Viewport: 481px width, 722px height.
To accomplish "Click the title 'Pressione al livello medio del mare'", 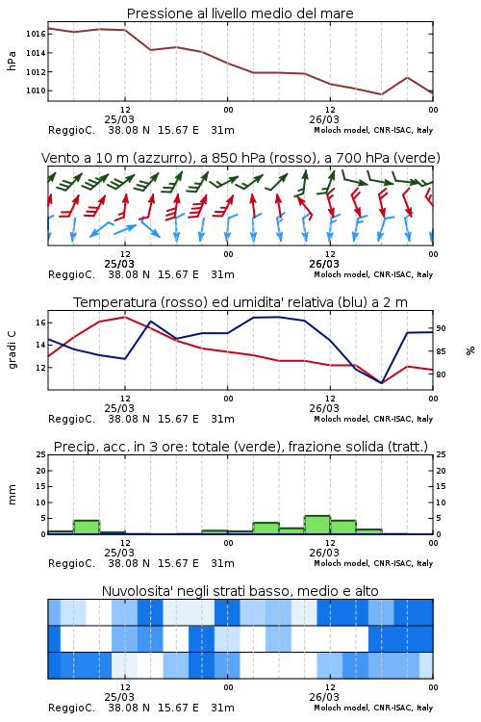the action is [240, 13].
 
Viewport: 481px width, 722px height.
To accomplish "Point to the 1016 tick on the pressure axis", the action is [36, 34].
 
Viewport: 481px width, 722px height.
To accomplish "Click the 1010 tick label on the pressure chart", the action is [36, 90].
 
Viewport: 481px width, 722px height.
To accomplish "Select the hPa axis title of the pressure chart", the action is [12, 61].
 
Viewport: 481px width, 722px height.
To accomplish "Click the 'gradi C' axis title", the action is [12, 349].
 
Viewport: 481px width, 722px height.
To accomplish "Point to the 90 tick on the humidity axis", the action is [441, 328].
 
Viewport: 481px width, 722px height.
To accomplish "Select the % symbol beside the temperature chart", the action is [470, 350].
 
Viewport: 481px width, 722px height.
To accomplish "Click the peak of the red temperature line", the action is [125, 317].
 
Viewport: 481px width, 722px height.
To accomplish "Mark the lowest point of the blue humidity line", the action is [382, 383].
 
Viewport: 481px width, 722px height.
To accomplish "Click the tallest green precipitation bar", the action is [317, 525].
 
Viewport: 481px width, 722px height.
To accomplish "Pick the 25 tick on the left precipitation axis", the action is [41, 454].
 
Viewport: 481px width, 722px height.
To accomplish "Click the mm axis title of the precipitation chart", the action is [12, 495].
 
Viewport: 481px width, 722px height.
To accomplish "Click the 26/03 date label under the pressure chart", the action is [324, 119].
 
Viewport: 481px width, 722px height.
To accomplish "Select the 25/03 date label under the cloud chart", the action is [119, 697].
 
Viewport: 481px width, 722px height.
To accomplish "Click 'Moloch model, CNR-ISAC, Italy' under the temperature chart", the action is [373, 419].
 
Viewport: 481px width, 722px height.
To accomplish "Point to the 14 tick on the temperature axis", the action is [41, 345].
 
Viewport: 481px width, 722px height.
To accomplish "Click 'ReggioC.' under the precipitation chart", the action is [71, 563].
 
